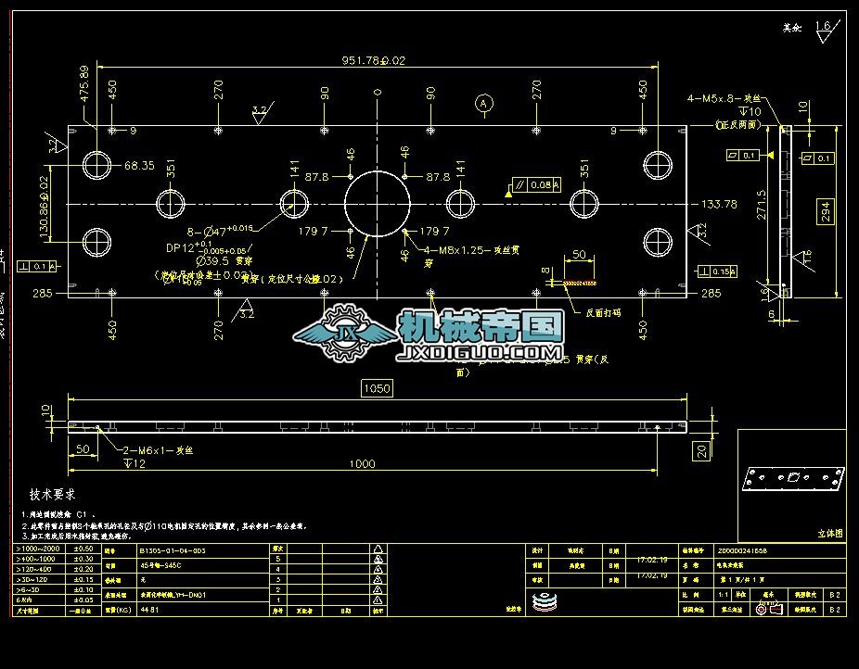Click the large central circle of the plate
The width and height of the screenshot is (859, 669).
tap(377, 203)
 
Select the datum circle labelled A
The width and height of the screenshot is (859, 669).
tap(482, 104)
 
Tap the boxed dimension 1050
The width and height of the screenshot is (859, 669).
tap(377, 388)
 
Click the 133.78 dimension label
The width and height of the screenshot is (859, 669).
tap(719, 204)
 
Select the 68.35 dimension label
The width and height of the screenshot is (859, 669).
tap(139, 166)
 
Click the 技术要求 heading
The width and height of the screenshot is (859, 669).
tap(53, 495)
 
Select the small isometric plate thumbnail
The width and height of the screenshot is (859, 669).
tap(794, 478)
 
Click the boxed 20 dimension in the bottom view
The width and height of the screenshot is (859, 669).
tap(702, 451)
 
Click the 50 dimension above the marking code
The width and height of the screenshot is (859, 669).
tap(578, 255)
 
